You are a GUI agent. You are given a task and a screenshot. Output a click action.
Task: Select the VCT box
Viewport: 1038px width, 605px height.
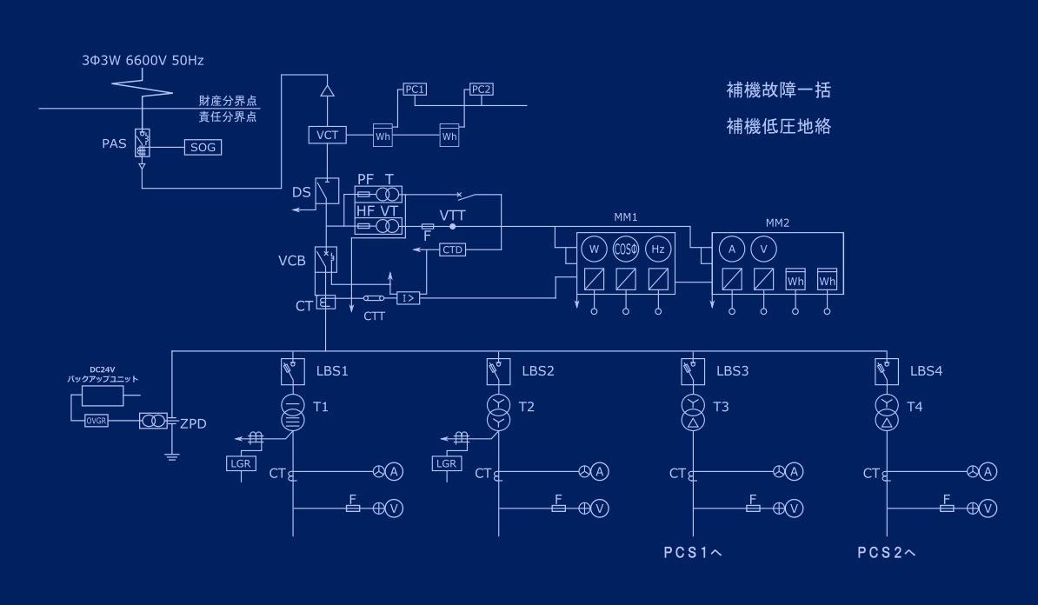(x=328, y=135)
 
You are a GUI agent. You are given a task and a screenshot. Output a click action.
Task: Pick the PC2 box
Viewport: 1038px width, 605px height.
(x=481, y=90)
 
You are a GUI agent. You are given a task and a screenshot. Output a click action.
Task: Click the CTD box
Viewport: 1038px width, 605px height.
(x=453, y=249)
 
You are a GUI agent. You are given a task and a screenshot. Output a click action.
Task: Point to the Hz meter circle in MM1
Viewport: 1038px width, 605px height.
(x=658, y=249)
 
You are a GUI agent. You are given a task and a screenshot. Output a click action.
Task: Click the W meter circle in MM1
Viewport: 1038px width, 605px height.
(x=595, y=249)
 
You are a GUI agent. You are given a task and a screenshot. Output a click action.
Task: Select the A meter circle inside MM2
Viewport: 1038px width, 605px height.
(x=732, y=249)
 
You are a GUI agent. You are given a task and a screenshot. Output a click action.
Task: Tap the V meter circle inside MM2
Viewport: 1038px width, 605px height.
(x=763, y=249)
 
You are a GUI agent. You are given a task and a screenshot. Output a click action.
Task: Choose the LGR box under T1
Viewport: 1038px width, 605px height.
(x=239, y=464)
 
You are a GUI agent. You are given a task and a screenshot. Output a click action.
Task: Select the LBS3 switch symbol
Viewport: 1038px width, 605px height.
(x=693, y=372)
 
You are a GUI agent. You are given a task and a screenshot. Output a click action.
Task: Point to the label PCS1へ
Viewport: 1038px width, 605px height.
(x=693, y=552)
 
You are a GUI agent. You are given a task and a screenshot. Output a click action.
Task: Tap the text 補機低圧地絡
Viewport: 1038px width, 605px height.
(x=779, y=127)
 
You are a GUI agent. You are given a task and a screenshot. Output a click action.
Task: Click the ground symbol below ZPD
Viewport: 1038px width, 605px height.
(x=172, y=455)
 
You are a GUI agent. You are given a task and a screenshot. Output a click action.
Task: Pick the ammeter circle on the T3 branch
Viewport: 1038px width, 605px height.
(x=794, y=472)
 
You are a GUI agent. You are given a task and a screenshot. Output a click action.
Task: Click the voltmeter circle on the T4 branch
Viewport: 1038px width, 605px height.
(x=988, y=508)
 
